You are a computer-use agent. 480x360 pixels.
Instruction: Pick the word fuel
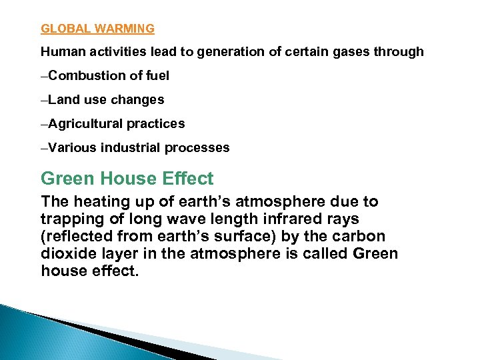(x=157, y=76)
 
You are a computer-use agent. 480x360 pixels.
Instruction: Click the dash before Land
(x=44, y=100)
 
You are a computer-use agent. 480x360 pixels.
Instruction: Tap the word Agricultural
(x=85, y=124)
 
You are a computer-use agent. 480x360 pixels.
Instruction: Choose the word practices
(x=156, y=124)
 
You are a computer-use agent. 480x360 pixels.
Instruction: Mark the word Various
(x=72, y=148)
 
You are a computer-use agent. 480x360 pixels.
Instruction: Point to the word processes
(x=197, y=148)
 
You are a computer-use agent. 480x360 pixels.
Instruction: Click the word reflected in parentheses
(x=77, y=237)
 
